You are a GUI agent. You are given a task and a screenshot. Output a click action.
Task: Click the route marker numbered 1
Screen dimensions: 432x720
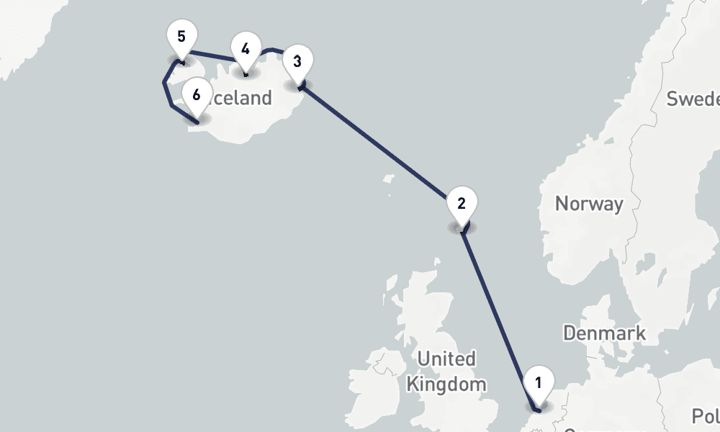539,382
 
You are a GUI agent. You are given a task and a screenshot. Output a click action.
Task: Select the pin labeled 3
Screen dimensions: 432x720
297,61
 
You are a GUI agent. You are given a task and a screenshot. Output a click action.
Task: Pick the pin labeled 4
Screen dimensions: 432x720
246,50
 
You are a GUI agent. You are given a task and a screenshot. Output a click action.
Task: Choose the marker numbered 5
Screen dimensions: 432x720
181,36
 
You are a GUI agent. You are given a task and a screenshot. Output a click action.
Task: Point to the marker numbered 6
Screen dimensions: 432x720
197,94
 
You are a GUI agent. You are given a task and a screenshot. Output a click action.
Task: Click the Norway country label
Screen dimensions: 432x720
589,204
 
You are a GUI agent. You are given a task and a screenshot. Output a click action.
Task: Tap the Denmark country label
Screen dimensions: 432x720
604,333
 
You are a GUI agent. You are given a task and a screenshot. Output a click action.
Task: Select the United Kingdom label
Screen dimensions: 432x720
446,371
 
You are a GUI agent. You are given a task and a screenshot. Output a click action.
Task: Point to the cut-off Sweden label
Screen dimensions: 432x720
693,99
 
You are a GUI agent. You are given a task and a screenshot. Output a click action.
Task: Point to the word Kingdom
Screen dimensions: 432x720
446,384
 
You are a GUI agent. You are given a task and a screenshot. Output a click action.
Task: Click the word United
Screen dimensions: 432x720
446,359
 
